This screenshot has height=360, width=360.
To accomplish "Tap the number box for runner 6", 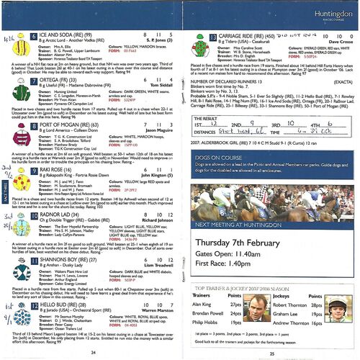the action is pos(34,35).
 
